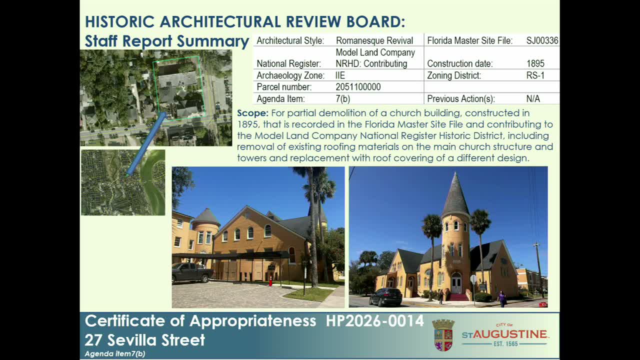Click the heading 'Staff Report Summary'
coord(166,41)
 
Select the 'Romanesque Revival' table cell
coord(374,41)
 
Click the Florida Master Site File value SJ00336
coord(542,41)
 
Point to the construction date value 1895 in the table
coord(535,64)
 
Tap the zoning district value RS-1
coord(535,75)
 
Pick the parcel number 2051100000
coord(358,87)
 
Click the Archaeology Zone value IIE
coord(340,75)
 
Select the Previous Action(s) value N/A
coord(533,99)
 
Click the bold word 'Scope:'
coord(252,113)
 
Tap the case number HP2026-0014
coord(374,321)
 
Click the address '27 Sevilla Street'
coord(144,340)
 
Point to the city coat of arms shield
coord(443,335)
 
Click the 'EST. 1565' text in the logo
coord(505,344)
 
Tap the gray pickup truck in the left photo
coord(192,272)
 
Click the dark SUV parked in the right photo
coord(385,297)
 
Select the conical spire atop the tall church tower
coord(455,196)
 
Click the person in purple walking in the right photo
coord(502,298)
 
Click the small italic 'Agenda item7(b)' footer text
coord(114,354)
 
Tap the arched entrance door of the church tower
coord(456,283)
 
